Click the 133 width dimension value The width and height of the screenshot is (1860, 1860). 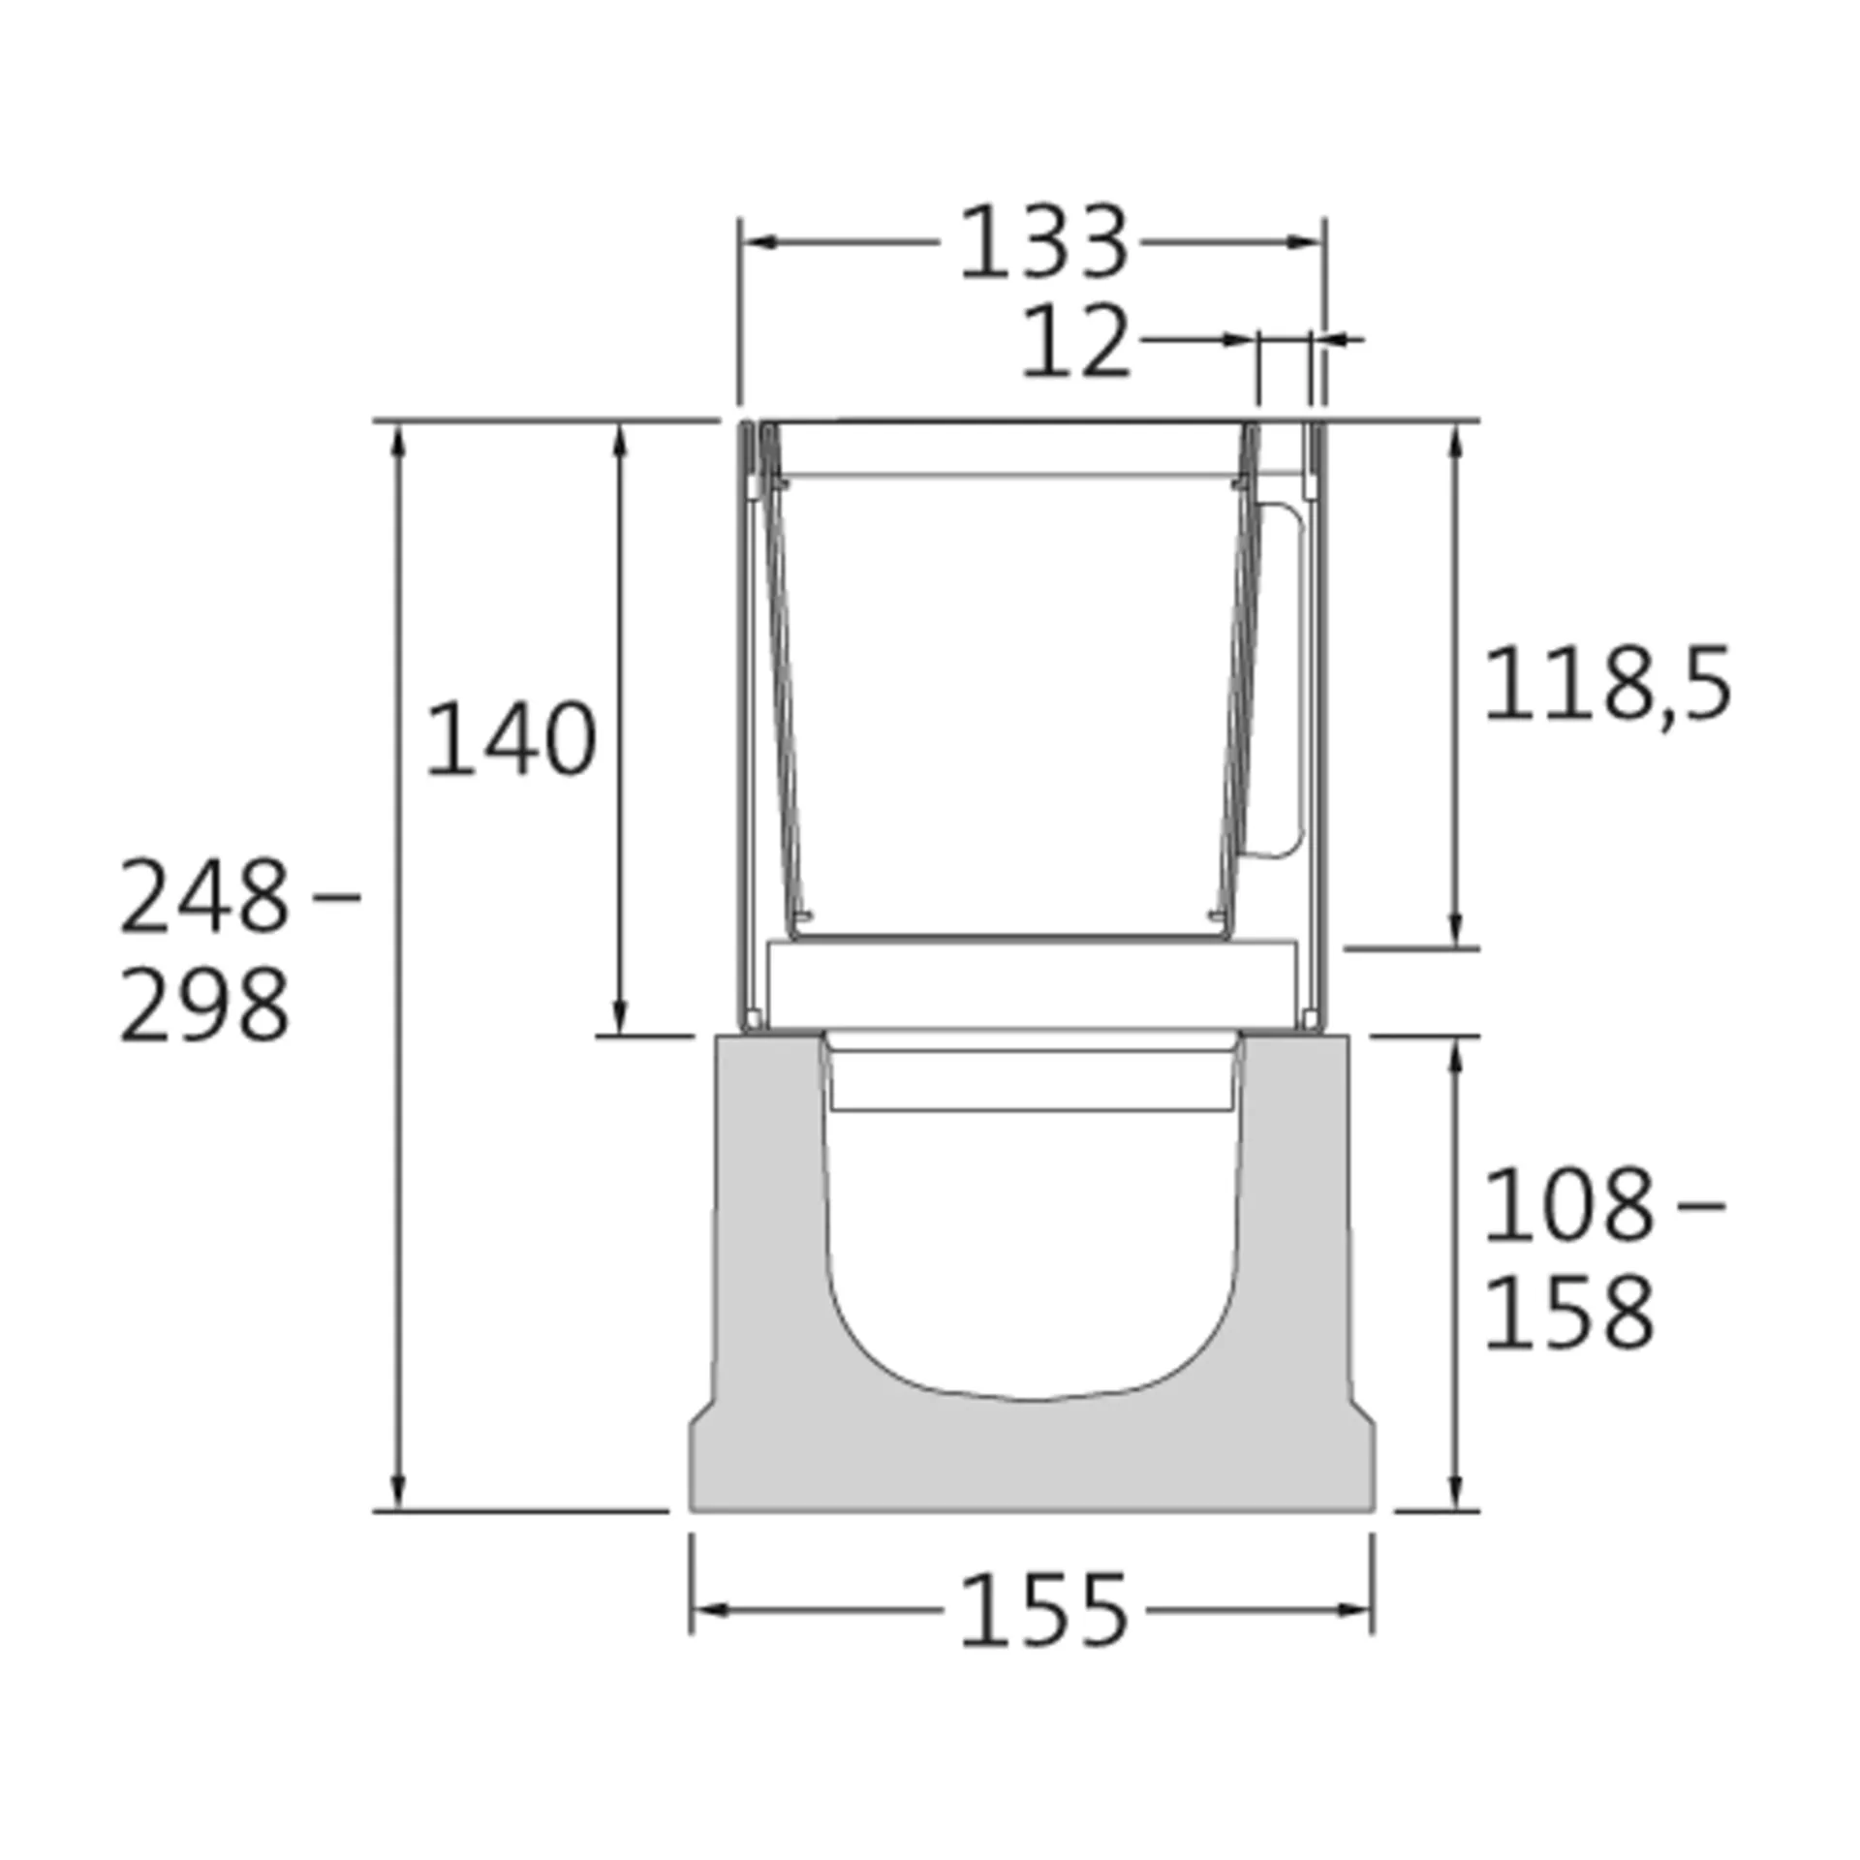point(1043,242)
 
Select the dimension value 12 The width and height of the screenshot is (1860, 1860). point(1076,342)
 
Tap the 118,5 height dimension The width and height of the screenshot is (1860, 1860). point(1607,686)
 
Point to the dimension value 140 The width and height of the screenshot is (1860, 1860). point(511,739)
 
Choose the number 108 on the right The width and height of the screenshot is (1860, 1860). point(1567,1206)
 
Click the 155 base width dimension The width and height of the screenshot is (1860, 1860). point(1044,1610)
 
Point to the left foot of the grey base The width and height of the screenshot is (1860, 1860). point(706,1472)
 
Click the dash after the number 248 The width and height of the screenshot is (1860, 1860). point(338,897)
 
